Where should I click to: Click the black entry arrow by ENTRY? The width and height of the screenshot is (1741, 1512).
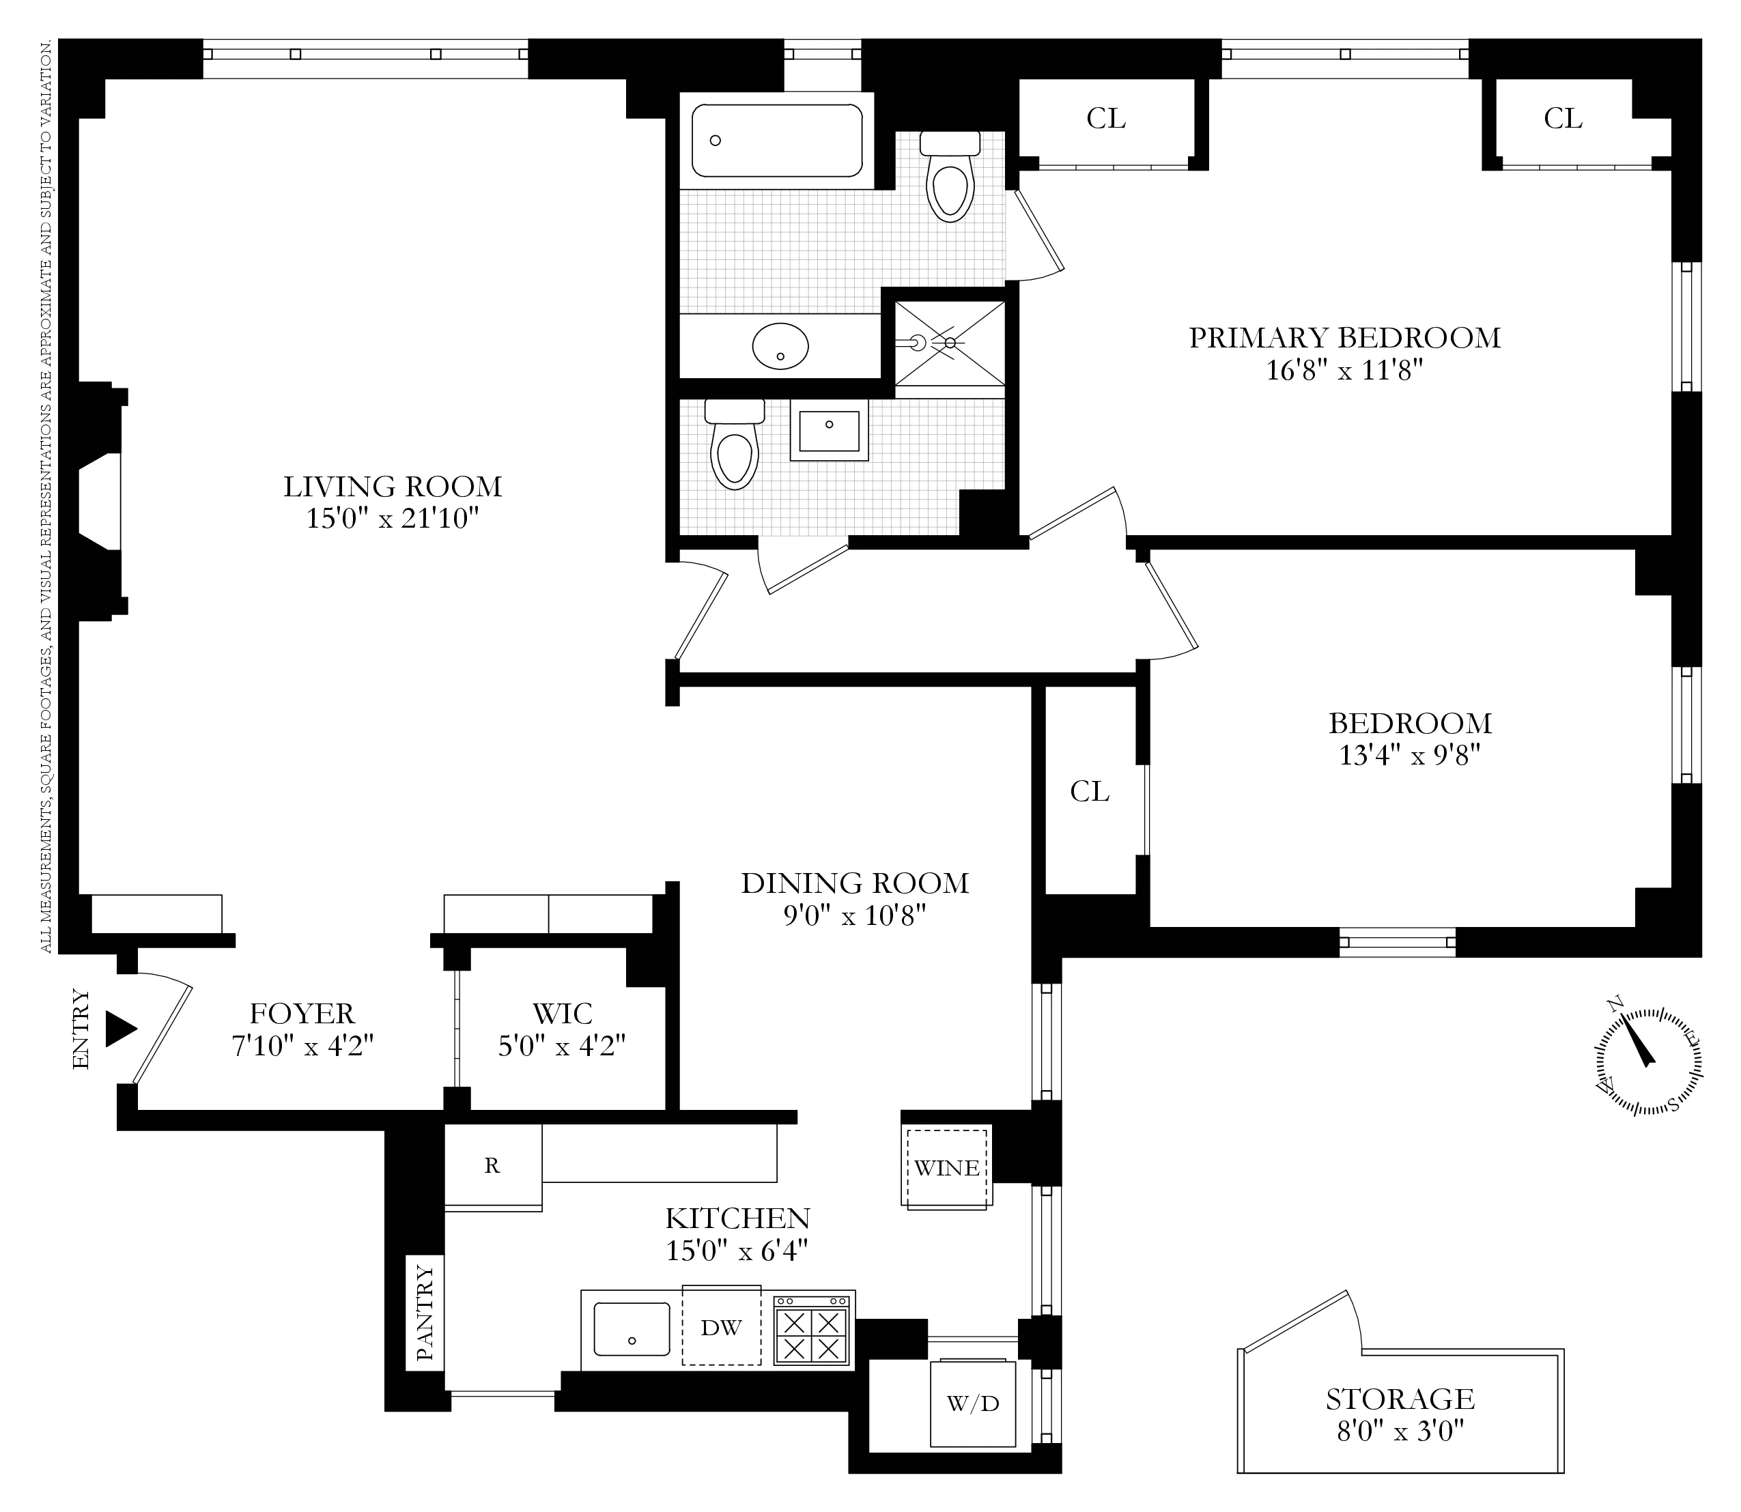click(120, 1029)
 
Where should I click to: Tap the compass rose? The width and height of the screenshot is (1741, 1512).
click(1647, 1061)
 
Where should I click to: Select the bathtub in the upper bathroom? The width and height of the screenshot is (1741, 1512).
click(776, 141)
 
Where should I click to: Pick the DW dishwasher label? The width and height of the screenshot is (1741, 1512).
click(721, 1327)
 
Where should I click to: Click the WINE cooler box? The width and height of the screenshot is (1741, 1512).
click(946, 1168)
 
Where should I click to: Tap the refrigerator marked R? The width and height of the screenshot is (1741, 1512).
click(492, 1165)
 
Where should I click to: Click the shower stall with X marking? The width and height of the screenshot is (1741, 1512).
click(950, 343)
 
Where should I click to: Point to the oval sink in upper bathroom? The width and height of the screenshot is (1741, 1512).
click(780, 346)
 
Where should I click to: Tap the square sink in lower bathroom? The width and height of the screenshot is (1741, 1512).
click(829, 430)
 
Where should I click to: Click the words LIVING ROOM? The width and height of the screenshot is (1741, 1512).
click(393, 487)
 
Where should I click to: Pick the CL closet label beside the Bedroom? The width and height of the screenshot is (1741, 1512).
click(1089, 791)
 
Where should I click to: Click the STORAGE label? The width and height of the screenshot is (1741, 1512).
click(1399, 1399)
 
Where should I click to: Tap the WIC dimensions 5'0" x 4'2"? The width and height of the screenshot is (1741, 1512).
click(561, 1046)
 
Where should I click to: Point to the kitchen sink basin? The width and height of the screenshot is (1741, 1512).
click(632, 1329)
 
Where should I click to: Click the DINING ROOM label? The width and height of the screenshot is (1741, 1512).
click(854, 883)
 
